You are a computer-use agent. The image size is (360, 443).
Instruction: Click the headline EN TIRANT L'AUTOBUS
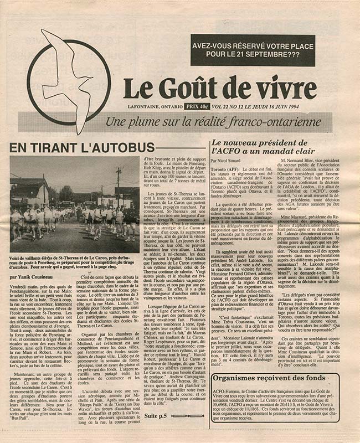(x=81, y=147)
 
